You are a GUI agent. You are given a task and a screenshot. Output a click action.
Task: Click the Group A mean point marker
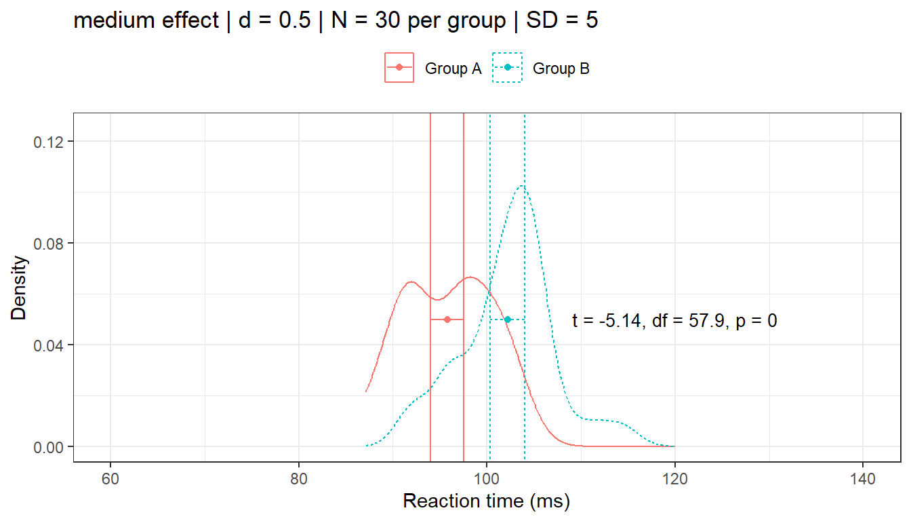(447, 319)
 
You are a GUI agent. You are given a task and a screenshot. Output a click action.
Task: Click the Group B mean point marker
(508, 319)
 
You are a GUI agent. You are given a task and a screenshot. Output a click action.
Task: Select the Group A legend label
(453, 69)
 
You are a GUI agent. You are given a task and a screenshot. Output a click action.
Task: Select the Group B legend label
(561, 69)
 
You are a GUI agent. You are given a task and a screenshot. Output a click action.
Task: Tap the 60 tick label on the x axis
(110, 478)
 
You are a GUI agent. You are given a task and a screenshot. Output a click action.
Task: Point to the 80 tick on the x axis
(299, 478)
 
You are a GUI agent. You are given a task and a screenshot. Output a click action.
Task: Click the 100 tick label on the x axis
(487, 478)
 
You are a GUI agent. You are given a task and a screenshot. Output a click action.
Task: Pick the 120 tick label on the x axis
(674, 478)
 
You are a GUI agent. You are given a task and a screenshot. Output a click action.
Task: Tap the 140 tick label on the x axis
(863, 478)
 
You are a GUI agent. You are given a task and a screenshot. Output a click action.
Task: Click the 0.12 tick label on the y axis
(52, 142)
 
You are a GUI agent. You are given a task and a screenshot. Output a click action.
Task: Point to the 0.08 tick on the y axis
(52, 244)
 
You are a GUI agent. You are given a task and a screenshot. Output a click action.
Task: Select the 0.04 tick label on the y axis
(52, 345)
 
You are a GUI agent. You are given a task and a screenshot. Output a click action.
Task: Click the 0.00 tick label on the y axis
(52, 447)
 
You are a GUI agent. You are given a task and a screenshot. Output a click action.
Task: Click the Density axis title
(20, 288)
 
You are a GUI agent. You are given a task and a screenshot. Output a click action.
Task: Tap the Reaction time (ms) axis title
(487, 502)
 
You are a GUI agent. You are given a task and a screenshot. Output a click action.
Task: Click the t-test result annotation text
(674, 321)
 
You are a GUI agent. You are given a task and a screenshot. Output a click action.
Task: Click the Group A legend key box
(399, 68)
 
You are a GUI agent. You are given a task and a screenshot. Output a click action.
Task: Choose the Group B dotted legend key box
(508, 68)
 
